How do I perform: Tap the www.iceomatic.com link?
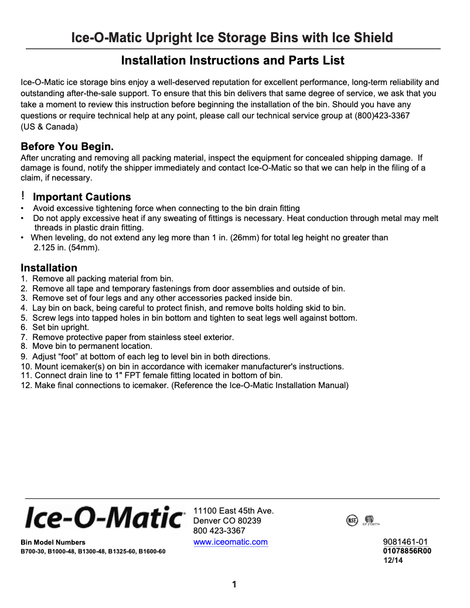230,542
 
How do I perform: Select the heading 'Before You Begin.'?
67,146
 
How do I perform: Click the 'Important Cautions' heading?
81,197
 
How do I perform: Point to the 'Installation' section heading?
49,268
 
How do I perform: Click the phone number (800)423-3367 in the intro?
382,116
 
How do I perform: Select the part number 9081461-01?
406,542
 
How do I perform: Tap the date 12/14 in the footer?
393,561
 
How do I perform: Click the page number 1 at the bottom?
234,584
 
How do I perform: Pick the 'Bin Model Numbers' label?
53,542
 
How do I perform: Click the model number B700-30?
33,552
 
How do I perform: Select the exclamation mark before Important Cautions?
23,195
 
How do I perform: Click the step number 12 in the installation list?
25,385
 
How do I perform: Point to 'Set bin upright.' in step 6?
60,327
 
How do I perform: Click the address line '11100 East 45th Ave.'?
233,511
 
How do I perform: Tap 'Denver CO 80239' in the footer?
227,521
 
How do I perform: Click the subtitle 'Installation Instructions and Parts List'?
233,60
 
